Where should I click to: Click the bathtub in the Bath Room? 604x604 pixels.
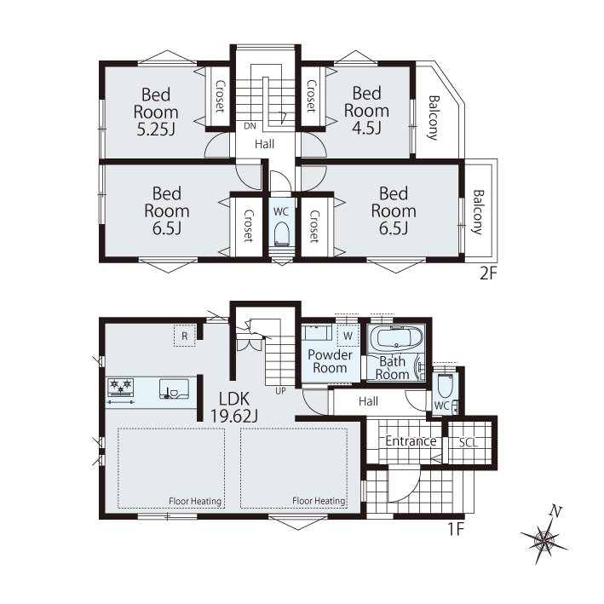(x=395, y=338)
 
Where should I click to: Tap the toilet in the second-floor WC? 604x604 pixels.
(x=282, y=233)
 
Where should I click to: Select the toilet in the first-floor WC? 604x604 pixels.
(x=446, y=386)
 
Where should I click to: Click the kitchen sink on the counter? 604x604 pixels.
(x=174, y=388)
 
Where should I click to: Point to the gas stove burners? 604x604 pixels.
(x=121, y=387)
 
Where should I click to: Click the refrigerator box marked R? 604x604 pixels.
(x=185, y=336)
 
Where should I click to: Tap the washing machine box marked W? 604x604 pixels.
(x=348, y=336)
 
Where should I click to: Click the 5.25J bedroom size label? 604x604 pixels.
(x=156, y=129)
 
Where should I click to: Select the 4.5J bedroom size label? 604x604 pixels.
(x=366, y=128)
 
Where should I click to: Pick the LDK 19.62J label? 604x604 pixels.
(x=234, y=407)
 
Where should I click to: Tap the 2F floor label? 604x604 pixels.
(x=488, y=273)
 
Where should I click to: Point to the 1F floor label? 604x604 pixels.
(x=455, y=529)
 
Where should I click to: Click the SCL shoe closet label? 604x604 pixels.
(x=468, y=443)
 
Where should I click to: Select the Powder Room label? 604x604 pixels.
(x=331, y=361)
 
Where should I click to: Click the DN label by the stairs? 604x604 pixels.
(x=250, y=126)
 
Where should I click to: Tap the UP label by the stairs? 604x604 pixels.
(x=280, y=391)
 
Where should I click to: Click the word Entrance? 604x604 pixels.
(x=411, y=441)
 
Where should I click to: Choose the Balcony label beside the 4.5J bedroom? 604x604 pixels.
(x=434, y=118)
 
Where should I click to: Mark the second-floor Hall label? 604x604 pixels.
(x=265, y=144)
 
